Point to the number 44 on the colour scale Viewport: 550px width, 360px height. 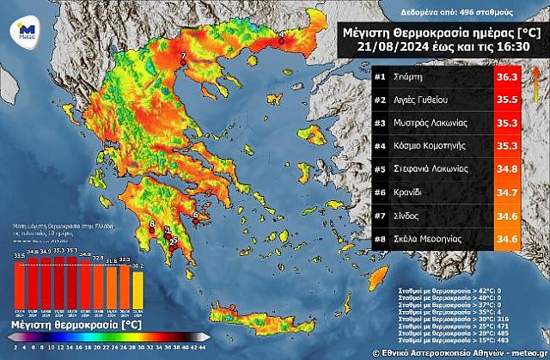[203, 348]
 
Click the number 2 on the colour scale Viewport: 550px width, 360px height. [16, 348]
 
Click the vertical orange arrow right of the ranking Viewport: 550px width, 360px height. [536, 83]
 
